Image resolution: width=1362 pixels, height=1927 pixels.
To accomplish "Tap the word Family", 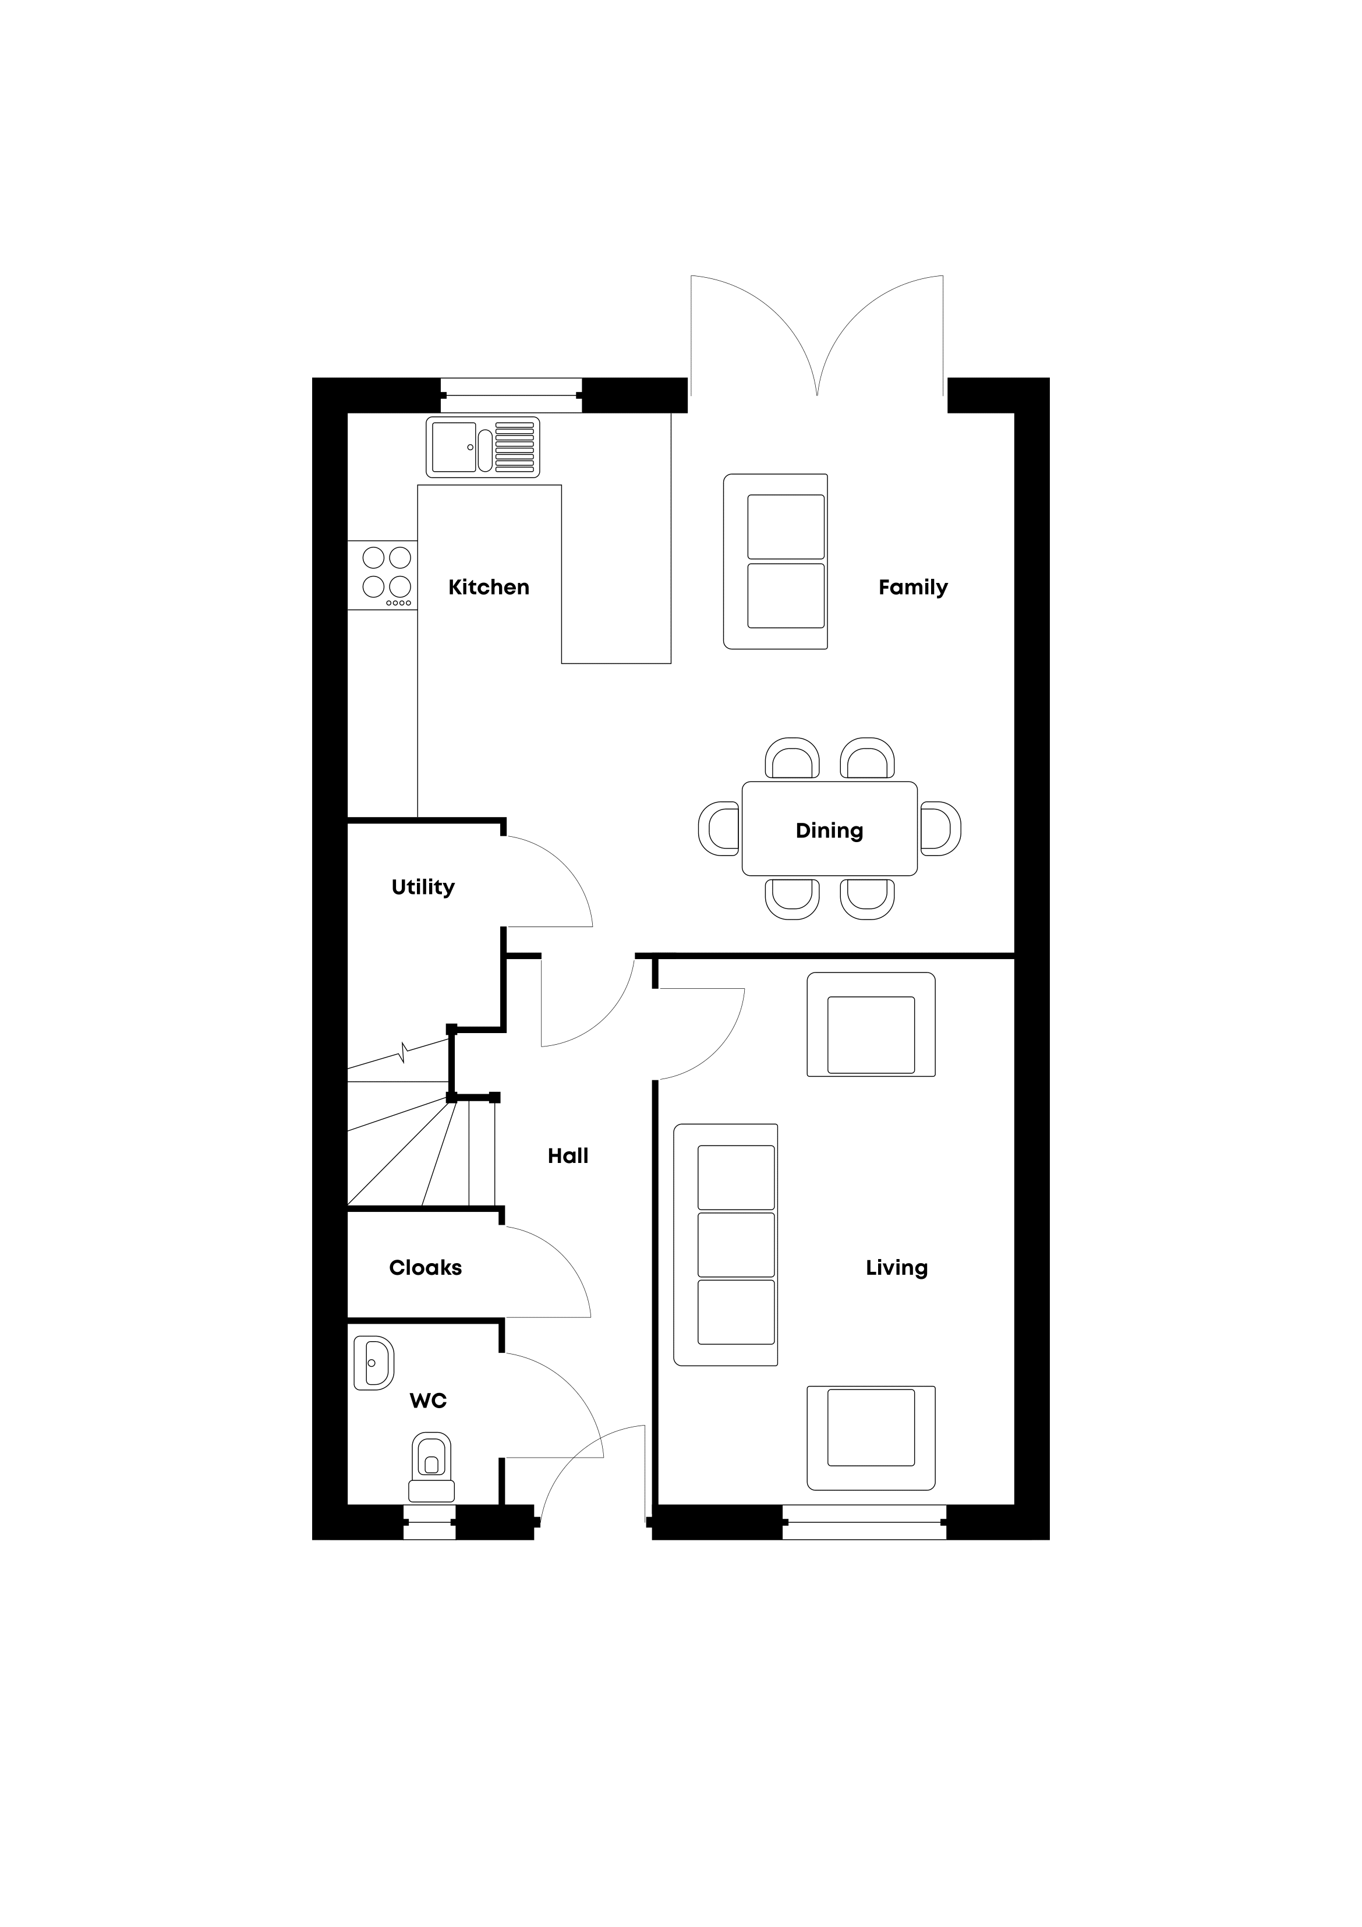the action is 913,588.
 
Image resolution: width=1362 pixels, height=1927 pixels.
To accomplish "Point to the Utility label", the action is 423,887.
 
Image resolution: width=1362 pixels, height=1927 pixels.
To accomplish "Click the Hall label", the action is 568,1156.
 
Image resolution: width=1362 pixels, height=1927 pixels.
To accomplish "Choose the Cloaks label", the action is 426,1267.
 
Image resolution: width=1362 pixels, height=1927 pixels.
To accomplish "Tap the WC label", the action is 428,1400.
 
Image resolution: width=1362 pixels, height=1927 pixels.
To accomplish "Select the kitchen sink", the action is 483,447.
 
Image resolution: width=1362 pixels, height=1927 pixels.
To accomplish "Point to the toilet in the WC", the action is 431,1467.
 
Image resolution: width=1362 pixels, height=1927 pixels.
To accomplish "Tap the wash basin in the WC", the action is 373,1363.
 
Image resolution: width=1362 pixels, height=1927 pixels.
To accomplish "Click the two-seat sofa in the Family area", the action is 776,561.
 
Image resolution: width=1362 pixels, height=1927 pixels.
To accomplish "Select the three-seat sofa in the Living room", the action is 726,1244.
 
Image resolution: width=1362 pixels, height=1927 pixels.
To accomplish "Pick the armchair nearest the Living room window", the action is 871,1438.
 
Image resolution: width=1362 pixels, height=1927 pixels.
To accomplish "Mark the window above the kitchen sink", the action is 511,395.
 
